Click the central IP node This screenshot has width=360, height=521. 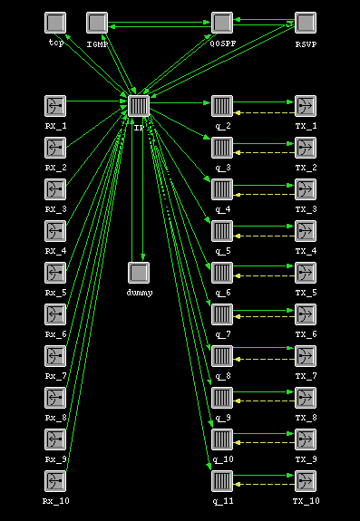[x=138, y=106]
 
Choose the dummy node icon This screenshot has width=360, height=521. [x=138, y=273]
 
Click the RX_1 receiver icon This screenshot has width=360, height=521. [x=55, y=106]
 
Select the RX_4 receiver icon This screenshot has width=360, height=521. [x=55, y=231]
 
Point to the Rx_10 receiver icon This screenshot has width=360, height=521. [x=55, y=481]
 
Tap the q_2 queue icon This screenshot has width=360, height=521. [x=222, y=106]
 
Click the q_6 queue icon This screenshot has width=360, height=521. [x=222, y=273]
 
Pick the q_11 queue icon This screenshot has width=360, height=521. [x=222, y=481]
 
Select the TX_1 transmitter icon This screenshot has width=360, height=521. [x=306, y=106]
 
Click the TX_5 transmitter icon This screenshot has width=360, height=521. [x=306, y=273]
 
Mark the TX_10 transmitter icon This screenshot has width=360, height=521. [x=306, y=481]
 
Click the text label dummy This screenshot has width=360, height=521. [x=138, y=293]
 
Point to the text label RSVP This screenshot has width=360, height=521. [x=306, y=43]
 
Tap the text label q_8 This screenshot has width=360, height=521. [x=222, y=376]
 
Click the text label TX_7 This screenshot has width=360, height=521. [x=306, y=376]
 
